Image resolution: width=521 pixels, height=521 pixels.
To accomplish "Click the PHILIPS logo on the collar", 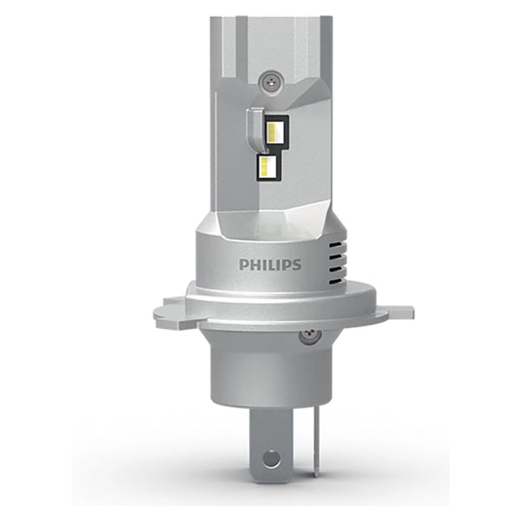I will tap(270, 264).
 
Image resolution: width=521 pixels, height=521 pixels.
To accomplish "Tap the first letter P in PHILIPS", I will tap(244, 264).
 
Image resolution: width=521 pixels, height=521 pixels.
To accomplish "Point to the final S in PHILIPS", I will tap(297, 264).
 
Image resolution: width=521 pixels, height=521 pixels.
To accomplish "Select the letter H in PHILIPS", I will tap(254, 264).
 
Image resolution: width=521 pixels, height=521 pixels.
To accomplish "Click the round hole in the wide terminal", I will tap(272, 458).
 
